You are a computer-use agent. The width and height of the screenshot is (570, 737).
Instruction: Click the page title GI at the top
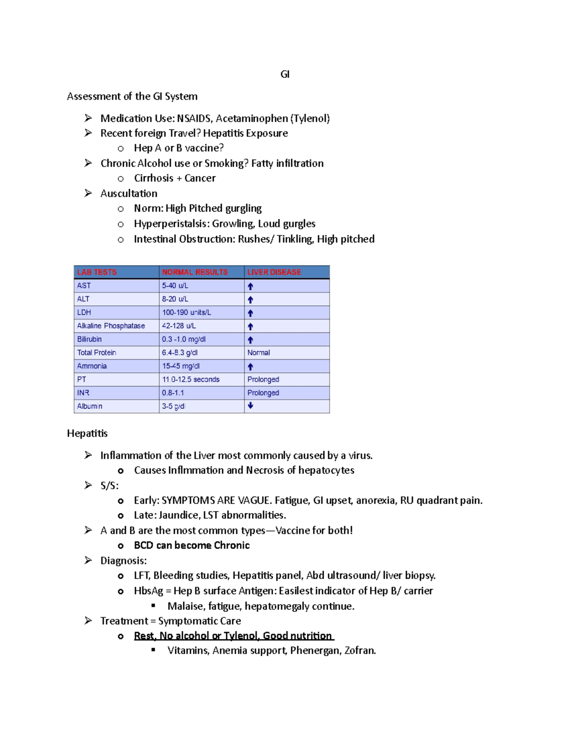pos(285,74)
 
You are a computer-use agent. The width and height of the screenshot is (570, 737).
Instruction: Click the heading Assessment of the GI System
pos(132,96)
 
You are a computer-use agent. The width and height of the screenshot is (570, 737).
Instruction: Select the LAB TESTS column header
pos(97,272)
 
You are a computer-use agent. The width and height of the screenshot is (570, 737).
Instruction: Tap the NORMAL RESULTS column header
pos(195,272)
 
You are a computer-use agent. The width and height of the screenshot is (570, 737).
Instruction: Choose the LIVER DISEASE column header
pos(274,272)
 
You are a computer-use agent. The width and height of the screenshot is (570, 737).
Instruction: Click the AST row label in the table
pos(84,286)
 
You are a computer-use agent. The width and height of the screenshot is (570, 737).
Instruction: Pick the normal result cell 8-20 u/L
pos(175,299)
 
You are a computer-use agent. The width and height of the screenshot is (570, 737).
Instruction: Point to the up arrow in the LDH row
pos(250,313)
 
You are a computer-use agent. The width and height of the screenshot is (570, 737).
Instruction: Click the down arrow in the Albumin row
pos(250,406)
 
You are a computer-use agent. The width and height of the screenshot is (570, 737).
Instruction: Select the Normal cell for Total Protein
pos(258,353)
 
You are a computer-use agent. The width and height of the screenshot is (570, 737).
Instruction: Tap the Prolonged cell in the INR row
pos(263,393)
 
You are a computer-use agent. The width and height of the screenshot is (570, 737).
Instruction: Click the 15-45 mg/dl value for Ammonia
pos(180,366)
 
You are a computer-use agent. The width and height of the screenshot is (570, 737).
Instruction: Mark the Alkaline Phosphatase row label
pos(111,326)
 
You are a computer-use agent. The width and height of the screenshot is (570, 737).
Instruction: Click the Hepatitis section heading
pos(87,433)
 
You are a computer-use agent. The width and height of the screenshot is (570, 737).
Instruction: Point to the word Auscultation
pos(129,194)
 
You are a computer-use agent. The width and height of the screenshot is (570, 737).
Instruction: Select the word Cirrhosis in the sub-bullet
pos(153,178)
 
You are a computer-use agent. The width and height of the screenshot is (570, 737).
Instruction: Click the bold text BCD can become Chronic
pos(191,545)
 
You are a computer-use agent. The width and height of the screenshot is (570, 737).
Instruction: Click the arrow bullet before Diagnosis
pos(88,560)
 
